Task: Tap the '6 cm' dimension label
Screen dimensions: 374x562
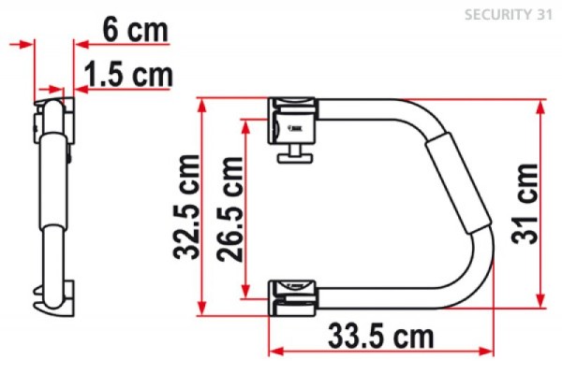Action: point(135,32)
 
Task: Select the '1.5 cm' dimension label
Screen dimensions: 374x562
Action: point(126,74)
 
